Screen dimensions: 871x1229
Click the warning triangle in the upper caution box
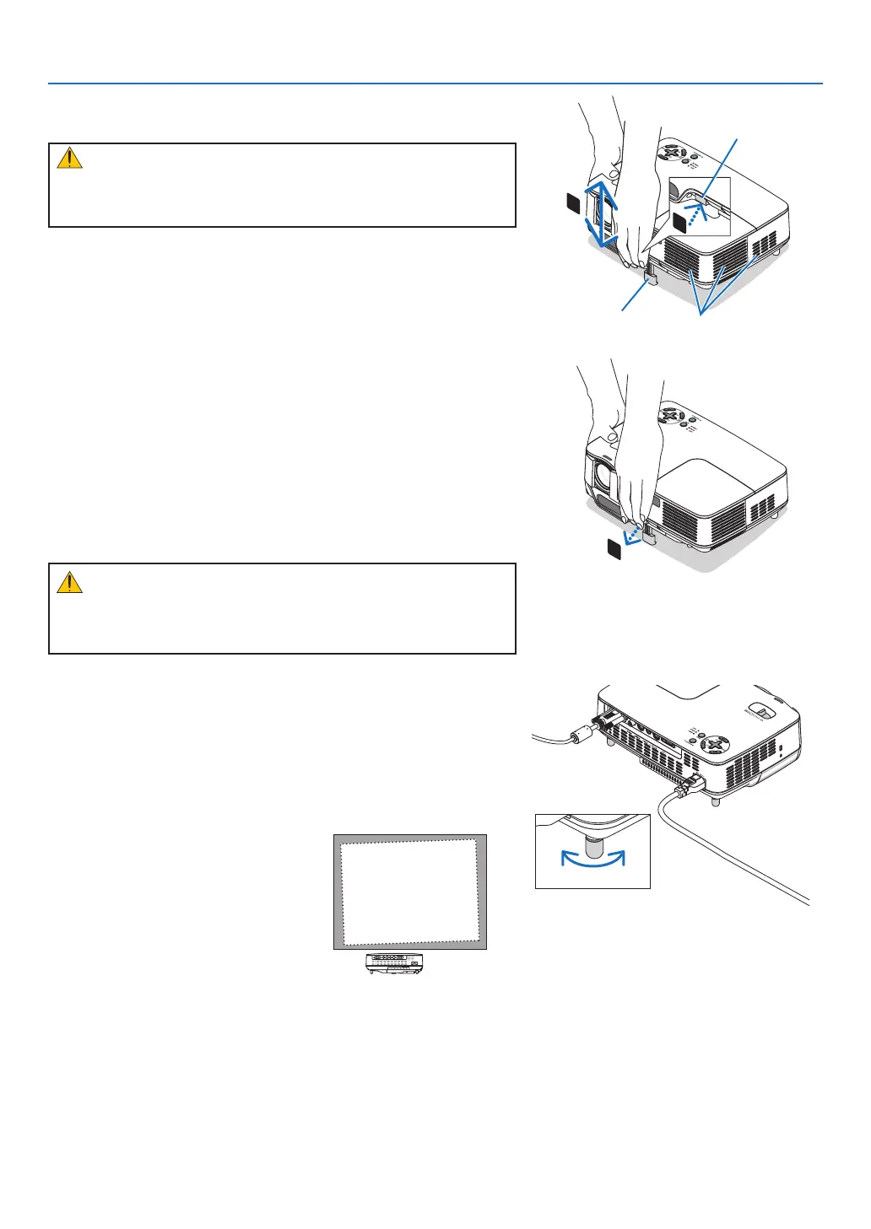click(69, 159)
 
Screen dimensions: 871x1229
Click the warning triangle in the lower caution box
click(69, 582)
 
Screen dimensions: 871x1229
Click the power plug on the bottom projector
click(687, 785)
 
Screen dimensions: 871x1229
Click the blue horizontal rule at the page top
click(435, 84)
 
